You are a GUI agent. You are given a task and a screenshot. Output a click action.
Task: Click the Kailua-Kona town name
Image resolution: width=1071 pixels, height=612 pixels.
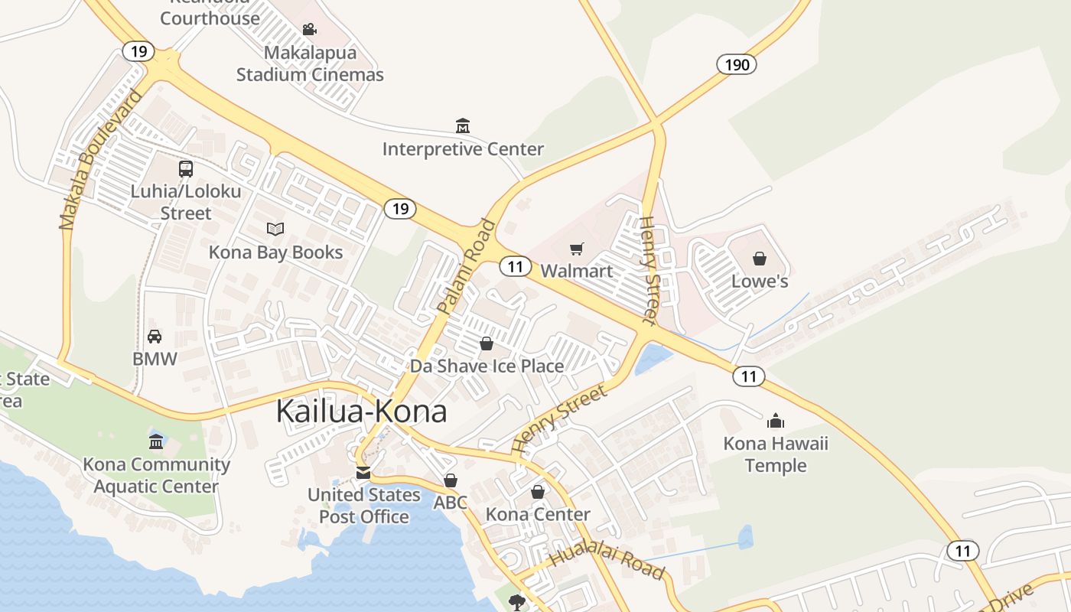(x=361, y=411)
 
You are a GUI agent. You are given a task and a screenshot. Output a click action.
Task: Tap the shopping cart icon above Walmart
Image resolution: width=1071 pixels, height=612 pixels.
(x=576, y=249)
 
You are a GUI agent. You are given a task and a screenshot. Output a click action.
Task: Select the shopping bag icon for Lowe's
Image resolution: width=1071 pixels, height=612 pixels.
(x=759, y=259)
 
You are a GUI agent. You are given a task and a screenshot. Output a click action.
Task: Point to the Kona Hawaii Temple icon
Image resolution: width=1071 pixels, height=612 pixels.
(x=776, y=421)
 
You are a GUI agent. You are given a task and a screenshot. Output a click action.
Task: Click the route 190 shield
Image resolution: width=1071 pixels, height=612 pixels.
(x=737, y=64)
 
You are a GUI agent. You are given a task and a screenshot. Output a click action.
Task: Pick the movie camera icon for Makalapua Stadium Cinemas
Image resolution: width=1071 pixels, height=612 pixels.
(x=309, y=29)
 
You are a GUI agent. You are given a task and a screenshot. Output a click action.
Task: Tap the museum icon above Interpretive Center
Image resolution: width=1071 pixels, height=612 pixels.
(x=462, y=125)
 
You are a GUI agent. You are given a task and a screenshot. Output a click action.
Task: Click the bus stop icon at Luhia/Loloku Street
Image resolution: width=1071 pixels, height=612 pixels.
(x=185, y=169)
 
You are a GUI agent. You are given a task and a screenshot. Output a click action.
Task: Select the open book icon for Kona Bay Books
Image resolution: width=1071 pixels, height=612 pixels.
(x=275, y=229)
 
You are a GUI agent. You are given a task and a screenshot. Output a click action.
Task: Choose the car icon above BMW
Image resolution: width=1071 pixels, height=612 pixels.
(x=155, y=336)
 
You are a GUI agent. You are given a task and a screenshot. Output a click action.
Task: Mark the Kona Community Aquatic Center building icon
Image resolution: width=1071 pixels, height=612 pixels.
(x=156, y=441)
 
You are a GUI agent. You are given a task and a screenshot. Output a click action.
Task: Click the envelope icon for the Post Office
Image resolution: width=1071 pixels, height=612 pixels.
(x=363, y=473)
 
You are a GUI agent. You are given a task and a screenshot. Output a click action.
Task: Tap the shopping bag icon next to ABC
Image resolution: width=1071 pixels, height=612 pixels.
(x=451, y=480)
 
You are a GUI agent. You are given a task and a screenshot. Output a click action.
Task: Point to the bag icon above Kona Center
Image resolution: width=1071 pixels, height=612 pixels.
(x=538, y=491)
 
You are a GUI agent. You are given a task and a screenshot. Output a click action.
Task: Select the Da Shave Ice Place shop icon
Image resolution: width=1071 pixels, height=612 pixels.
(x=486, y=343)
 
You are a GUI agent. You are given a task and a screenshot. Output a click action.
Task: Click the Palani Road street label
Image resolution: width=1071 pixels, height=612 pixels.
(x=466, y=267)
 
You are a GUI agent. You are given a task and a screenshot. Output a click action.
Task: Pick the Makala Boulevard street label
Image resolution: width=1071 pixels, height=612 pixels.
(x=100, y=160)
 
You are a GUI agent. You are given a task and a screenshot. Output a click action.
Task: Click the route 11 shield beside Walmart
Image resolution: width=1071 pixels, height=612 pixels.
(x=515, y=266)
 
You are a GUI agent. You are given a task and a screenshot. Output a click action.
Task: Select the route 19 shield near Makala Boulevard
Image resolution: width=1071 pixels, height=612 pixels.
(x=138, y=51)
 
